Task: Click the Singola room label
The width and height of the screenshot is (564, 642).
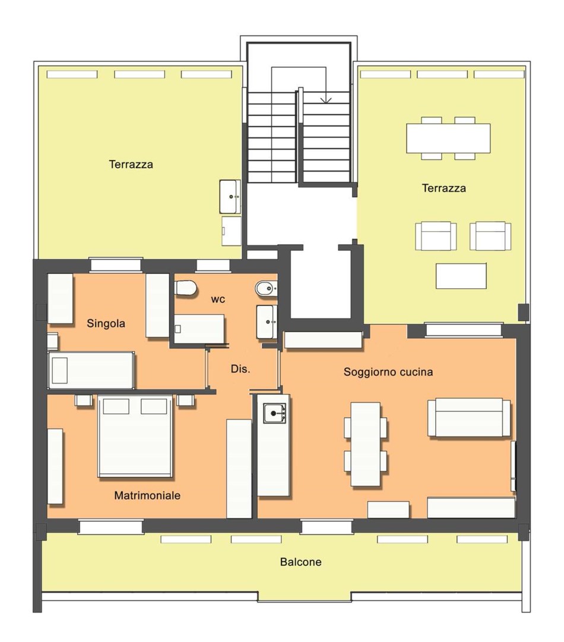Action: point(106,323)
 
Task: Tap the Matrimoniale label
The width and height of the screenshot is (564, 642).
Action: point(147,495)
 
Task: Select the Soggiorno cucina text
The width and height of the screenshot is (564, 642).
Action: point(388,372)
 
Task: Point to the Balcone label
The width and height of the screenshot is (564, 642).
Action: point(300,562)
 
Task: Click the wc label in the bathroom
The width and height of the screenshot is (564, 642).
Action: point(218,300)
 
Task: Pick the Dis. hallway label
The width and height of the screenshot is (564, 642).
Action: point(240,369)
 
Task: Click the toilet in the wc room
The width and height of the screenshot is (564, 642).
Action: point(186,288)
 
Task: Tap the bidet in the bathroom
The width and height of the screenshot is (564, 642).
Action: point(266,289)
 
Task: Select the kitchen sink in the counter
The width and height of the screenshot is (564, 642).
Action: point(274,413)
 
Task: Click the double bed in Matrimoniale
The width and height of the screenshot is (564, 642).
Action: point(135,436)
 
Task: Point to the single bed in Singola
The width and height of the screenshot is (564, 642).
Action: point(91,370)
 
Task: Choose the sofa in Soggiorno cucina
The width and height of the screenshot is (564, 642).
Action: point(469,418)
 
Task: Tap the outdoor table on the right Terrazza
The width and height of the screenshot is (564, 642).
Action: point(448,139)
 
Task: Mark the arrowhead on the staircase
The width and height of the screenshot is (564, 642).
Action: point(326,100)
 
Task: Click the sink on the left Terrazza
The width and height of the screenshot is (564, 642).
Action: point(230,197)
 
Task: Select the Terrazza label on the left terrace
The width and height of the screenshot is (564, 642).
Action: point(131,165)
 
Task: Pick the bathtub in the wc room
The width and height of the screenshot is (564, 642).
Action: point(199,329)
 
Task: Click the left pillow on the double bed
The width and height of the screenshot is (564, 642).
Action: point(116,407)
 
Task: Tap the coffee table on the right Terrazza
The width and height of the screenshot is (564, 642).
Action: point(461,276)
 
